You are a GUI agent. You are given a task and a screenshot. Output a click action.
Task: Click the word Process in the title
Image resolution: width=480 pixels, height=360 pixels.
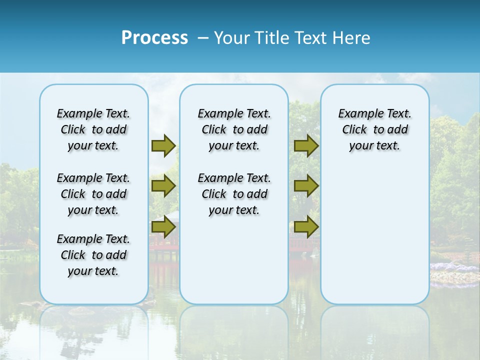[154, 38]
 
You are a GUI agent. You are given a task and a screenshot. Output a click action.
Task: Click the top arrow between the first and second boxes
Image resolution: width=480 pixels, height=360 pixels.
[163, 145]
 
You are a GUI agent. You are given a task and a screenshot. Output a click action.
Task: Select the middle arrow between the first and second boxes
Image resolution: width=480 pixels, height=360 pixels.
[163, 186]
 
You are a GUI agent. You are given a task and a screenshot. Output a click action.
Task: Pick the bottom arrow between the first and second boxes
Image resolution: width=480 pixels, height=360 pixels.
[163, 227]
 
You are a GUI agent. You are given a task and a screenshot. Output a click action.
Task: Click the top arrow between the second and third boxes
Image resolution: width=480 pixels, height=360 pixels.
[306, 145]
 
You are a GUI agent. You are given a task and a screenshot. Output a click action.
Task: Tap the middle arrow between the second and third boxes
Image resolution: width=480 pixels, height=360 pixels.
[306, 186]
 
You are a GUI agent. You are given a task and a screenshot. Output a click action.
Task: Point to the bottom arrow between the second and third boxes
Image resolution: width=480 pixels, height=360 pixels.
[306, 227]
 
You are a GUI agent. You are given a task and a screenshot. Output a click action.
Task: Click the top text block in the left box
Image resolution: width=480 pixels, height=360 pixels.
[93, 129]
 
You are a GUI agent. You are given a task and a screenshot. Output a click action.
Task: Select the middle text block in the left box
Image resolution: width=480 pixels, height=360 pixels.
[93, 194]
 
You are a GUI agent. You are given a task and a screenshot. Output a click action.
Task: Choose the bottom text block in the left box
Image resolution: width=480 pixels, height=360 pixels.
[93, 255]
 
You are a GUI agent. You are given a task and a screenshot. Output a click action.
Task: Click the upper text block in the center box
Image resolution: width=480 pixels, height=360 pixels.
[234, 129]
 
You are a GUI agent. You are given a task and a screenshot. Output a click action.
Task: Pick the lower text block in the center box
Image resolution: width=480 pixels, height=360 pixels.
[234, 194]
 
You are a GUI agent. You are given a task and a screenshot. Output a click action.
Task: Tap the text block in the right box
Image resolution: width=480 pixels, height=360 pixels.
[375, 129]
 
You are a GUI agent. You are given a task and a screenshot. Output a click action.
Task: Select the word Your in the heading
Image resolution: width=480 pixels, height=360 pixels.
[232, 38]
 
